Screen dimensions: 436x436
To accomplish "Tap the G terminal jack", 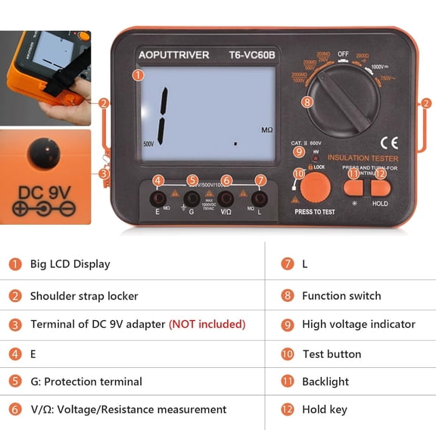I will [x=192, y=199].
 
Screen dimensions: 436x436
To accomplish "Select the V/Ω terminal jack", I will [x=226, y=199].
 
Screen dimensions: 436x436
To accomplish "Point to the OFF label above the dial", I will [x=343, y=54].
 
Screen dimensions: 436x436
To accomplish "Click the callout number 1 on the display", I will [x=138, y=75].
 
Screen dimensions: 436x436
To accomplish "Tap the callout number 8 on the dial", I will [x=307, y=101].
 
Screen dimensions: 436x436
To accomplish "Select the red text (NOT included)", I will [x=207, y=324].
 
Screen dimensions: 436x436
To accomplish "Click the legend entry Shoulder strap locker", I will [x=84, y=296].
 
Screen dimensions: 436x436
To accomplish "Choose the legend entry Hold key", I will [x=324, y=410].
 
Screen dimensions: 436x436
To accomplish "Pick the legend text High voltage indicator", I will [x=359, y=324].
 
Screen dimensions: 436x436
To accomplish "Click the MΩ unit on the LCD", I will [x=266, y=130].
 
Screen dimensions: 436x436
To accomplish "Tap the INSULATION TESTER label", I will [x=363, y=158].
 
